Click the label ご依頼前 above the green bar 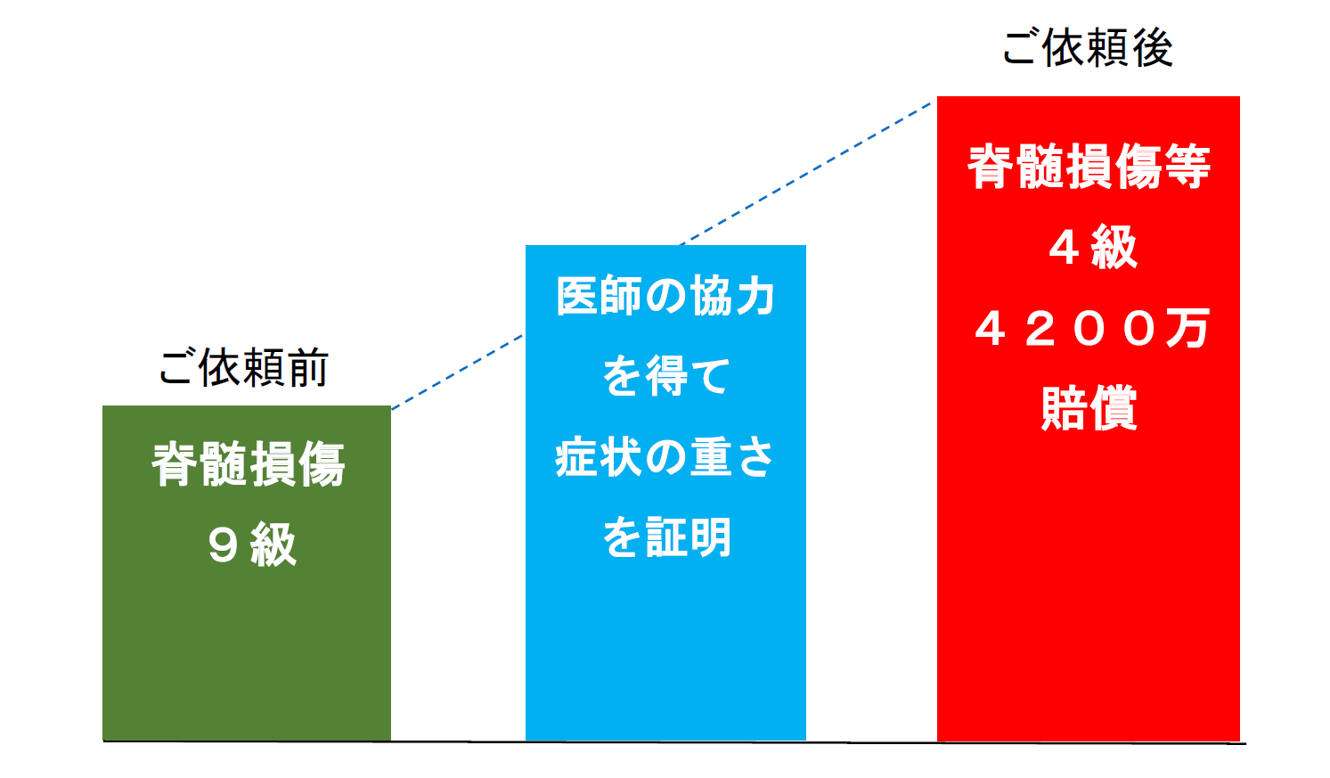(243, 368)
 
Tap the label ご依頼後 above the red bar (1087, 47)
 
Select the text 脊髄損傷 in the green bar (249, 463)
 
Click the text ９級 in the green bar (252, 544)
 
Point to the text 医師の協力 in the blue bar (665, 296)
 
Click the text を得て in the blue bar (665, 376)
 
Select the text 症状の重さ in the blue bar (665, 456)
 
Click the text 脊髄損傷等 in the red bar (1089, 167)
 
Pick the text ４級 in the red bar (1093, 247)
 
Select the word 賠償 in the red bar (1089, 407)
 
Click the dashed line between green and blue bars (457, 373)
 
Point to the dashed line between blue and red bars (805, 174)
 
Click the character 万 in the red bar (1187, 328)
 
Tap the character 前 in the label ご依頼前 (307, 368)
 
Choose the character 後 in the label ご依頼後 (1153, 47)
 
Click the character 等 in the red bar (1187, 167)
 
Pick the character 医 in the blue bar (577, 296)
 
